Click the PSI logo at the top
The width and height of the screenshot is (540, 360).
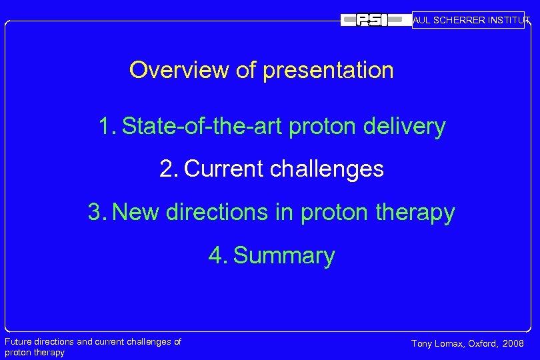tap(373, 21)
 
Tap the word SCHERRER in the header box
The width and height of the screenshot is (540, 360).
tap(461, 21)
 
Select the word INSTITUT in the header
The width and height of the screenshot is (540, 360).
tap(509, 21)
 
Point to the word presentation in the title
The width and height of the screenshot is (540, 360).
tap(328, 70)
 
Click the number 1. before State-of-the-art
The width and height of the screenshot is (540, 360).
tap(107, 126)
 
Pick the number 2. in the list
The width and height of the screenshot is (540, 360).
tap(169, 169)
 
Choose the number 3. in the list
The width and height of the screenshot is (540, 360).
tap(97, 213)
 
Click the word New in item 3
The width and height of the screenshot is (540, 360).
tap(136, 213)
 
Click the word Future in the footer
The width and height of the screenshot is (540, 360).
tap(19, 342)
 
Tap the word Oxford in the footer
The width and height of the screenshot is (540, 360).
tap(483, 344)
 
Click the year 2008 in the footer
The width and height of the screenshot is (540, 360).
tap(513, 344)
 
